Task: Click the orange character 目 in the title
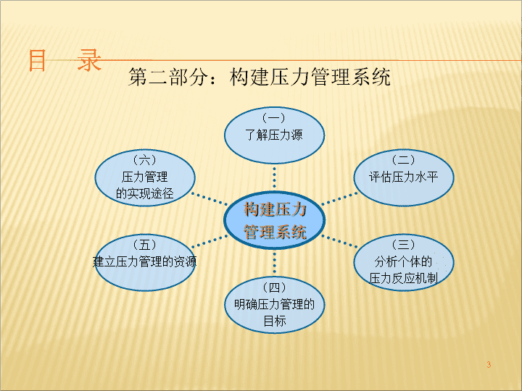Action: [37, 60]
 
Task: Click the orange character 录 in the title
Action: [89, 60]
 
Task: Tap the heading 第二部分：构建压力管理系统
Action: [260, 77]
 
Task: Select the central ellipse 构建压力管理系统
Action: [274, 220]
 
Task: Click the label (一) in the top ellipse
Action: [274, 118]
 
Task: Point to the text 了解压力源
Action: [274, 135]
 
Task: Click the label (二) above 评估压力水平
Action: [403, 160]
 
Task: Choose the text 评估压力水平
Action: [403, 177]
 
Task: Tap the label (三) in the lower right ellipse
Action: [403, 245]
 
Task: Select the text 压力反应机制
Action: [403, 279]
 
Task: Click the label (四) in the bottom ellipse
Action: [274, 287]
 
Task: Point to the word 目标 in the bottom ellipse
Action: [275, 321]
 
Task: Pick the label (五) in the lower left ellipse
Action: [145, 245]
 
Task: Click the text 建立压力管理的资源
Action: [144, 261]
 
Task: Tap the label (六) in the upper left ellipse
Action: [145, 160]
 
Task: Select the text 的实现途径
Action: [145, 193]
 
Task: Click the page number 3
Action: [489, 364]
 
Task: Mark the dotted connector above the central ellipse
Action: [274, 177]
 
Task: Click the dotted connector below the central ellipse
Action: [274, 263]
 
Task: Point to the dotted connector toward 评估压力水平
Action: [339, 198]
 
